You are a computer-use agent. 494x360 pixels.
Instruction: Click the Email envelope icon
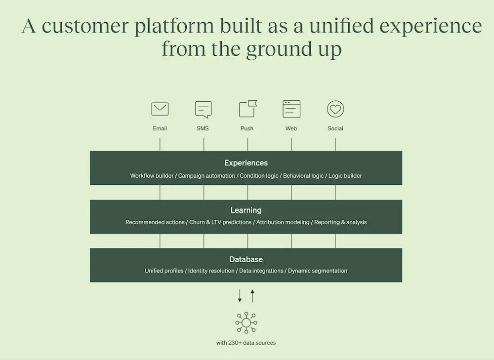pos(160,109)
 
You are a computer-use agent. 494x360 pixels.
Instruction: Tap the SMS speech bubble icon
pos(203,109)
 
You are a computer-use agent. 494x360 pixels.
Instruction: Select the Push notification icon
pos(247,109)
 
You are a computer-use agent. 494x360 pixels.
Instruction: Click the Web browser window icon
pos(291,109)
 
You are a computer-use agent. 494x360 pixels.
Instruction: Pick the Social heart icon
pos(335,109)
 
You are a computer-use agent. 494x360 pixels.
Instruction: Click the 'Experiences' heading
pos(246,163)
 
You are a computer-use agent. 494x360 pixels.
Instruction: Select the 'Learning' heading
pos(246,210)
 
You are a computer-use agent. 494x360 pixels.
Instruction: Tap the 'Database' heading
pos(246,259)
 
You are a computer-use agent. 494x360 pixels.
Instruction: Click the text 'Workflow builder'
pos(152,176)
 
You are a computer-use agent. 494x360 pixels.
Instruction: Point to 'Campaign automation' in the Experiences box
pos(206,176)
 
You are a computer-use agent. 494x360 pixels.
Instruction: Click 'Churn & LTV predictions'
pos(220,222)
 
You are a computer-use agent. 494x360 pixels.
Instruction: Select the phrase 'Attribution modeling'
pos(283,222)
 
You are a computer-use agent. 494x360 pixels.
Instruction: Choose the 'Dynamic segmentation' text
pos(318,271)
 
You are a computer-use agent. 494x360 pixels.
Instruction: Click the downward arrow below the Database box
pos(240,296)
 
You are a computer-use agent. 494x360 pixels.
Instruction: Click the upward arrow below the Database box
pos(252,296)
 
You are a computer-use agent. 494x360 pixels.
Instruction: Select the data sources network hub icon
pos(246,323)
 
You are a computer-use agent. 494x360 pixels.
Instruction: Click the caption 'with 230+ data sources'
pos(246,343)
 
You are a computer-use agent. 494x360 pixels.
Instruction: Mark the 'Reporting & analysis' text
pos(340,222)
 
